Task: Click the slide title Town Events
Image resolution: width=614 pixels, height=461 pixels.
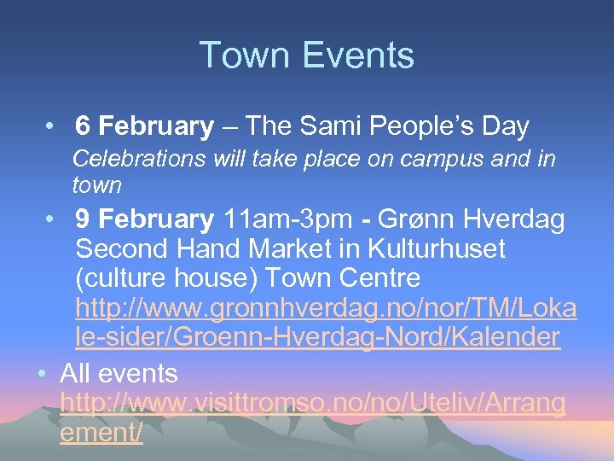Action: (307, 55)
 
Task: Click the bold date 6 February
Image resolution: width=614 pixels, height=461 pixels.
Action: (144, 127)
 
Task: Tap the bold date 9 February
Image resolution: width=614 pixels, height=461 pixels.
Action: (144, 219)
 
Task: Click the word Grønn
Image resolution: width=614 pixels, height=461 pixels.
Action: (408, 219)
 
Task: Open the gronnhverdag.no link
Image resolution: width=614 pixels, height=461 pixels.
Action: (325, 322)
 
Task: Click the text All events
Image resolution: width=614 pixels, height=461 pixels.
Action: (119, 373)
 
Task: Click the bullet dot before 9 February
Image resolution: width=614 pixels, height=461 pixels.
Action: (52, 220)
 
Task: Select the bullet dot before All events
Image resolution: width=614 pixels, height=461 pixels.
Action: (40, 374)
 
